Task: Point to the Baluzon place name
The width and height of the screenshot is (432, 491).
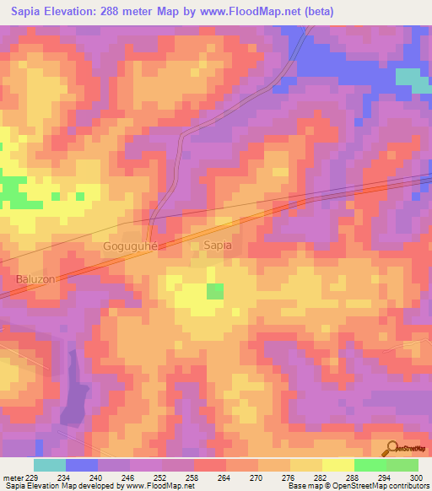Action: [x=35, y=278]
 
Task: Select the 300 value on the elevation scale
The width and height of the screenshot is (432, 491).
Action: [x=417, y=478]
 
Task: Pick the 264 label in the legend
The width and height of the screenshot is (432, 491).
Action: [x=225, y=478]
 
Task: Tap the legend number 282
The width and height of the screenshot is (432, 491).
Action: [x=321, y=478]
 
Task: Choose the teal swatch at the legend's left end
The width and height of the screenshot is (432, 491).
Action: [x=50, y=465]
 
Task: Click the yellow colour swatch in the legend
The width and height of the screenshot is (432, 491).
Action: [x=337, y=465]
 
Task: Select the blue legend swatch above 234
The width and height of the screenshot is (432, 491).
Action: [x=82, y=465]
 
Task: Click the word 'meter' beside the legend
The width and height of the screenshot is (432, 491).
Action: [x=13, y=478]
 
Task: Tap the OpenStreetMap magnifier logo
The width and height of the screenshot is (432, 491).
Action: [x=391, y=449]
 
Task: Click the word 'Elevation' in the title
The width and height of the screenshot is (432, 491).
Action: [x=76, y=12]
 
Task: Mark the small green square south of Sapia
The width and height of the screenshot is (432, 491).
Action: [x=216, y=291]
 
